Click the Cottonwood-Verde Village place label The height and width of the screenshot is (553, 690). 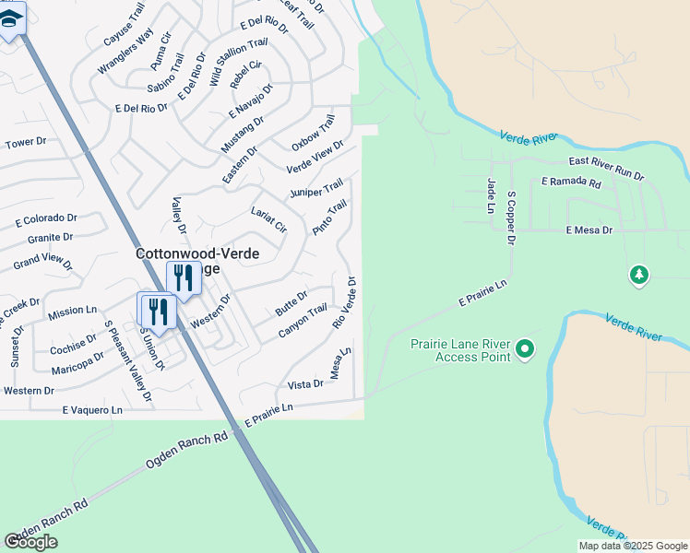click(x=197, y=253)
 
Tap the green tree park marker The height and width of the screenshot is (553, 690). click(x=638, y=275)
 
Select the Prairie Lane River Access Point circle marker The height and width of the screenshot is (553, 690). click(x=525, y=348)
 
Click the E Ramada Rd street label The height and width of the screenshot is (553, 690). click(x=571, y=183)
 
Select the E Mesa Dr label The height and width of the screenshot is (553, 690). click(x=589, y=229)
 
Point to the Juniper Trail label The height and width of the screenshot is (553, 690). click(x=316, y=188)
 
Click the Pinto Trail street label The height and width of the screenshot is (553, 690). click(x=329, y=217)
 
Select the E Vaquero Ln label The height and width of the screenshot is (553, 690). click(x=91, y=409)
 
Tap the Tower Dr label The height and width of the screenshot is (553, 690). click(x=26, y=143)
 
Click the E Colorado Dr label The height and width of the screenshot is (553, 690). click(x=46, y=219)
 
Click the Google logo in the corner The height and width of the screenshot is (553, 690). click(x=30, y=542)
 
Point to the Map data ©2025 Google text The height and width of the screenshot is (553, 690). click(x=632, y=546)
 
